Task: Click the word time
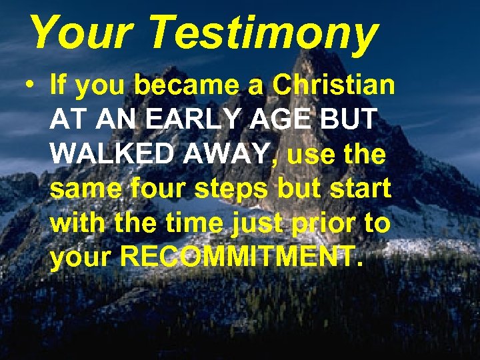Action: pos(192,223)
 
